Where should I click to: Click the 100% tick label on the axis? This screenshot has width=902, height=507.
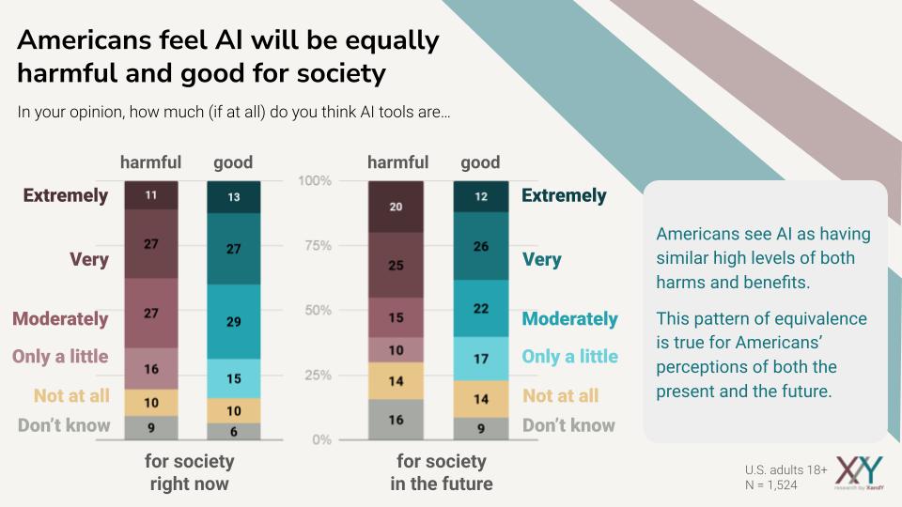point(315,180)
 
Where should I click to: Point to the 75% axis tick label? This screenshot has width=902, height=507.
point(318,246)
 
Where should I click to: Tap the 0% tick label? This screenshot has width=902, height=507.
point(322,439)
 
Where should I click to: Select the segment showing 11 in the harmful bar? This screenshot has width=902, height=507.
point(151,194)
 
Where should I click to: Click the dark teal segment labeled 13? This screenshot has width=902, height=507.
point(234,196)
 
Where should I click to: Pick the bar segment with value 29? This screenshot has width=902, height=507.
point(234,320)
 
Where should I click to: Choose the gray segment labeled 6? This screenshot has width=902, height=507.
point(234,431)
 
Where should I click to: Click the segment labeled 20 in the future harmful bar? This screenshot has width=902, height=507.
point(396,207)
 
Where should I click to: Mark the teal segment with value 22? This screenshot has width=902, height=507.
point(481,309)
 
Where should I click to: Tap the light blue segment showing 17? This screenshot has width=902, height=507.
point(481,359)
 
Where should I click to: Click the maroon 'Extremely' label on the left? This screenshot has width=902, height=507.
point(66,195)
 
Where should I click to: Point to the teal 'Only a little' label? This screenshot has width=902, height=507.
point(569,357)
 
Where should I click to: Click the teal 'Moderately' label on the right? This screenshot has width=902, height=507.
point(569,319)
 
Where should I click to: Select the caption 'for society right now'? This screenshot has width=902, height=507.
point(189,473)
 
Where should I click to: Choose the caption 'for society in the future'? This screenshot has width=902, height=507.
point(441,473)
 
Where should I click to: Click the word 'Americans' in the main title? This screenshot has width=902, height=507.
point(91,41)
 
